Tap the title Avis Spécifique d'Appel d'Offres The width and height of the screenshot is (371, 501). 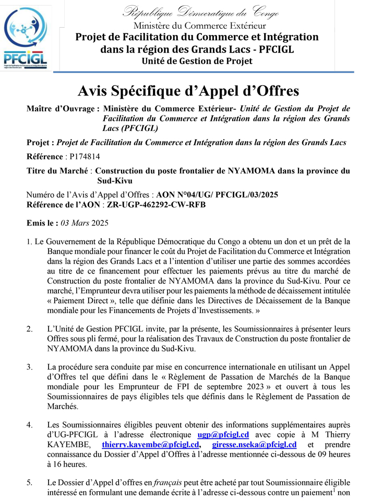(188, 91)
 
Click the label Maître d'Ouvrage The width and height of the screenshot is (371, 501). (61, 109)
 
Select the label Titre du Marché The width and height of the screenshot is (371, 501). (58, 170)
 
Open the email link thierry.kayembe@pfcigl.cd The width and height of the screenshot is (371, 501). (151, 445)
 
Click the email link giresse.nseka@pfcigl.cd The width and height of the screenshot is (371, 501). (255, 445)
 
